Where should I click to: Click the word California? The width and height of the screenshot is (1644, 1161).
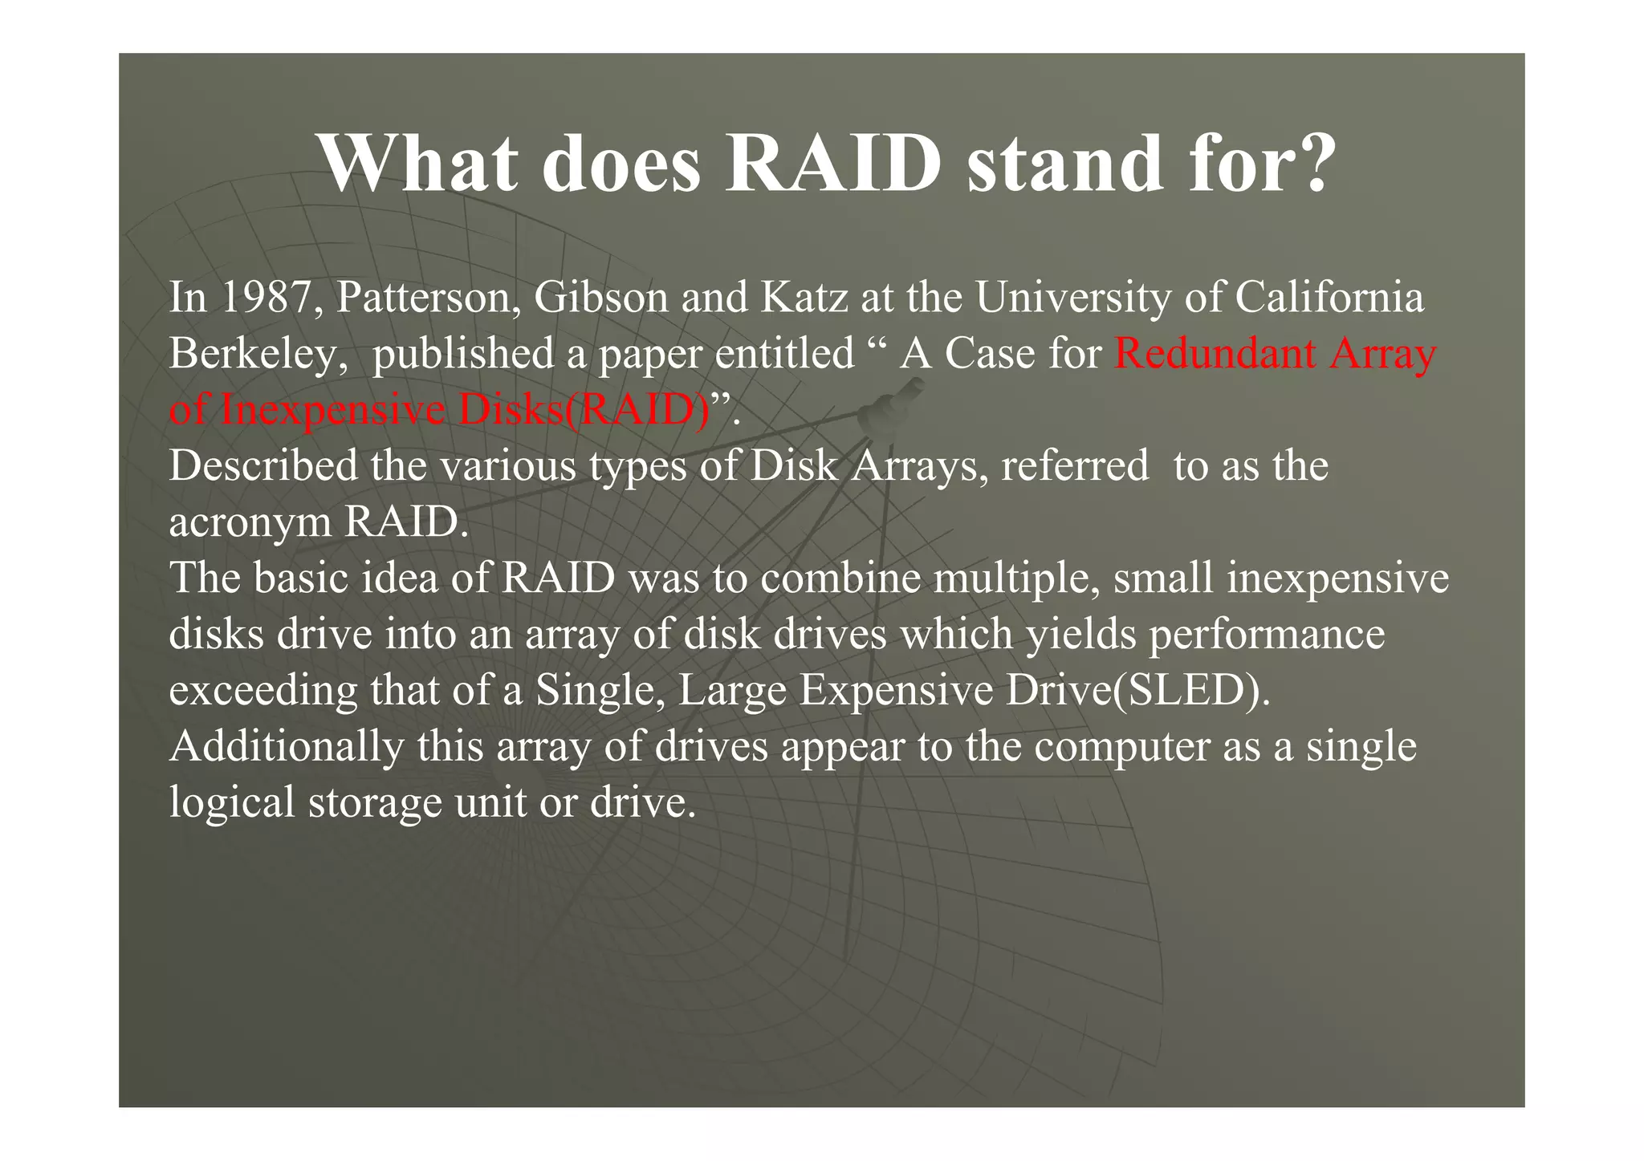(1329, 298)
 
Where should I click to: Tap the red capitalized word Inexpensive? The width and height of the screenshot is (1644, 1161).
(332, 410)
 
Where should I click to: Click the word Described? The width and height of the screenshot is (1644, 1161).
(263, 466)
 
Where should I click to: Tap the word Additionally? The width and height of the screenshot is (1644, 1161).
(287, 747)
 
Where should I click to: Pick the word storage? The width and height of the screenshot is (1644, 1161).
(374, 803)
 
